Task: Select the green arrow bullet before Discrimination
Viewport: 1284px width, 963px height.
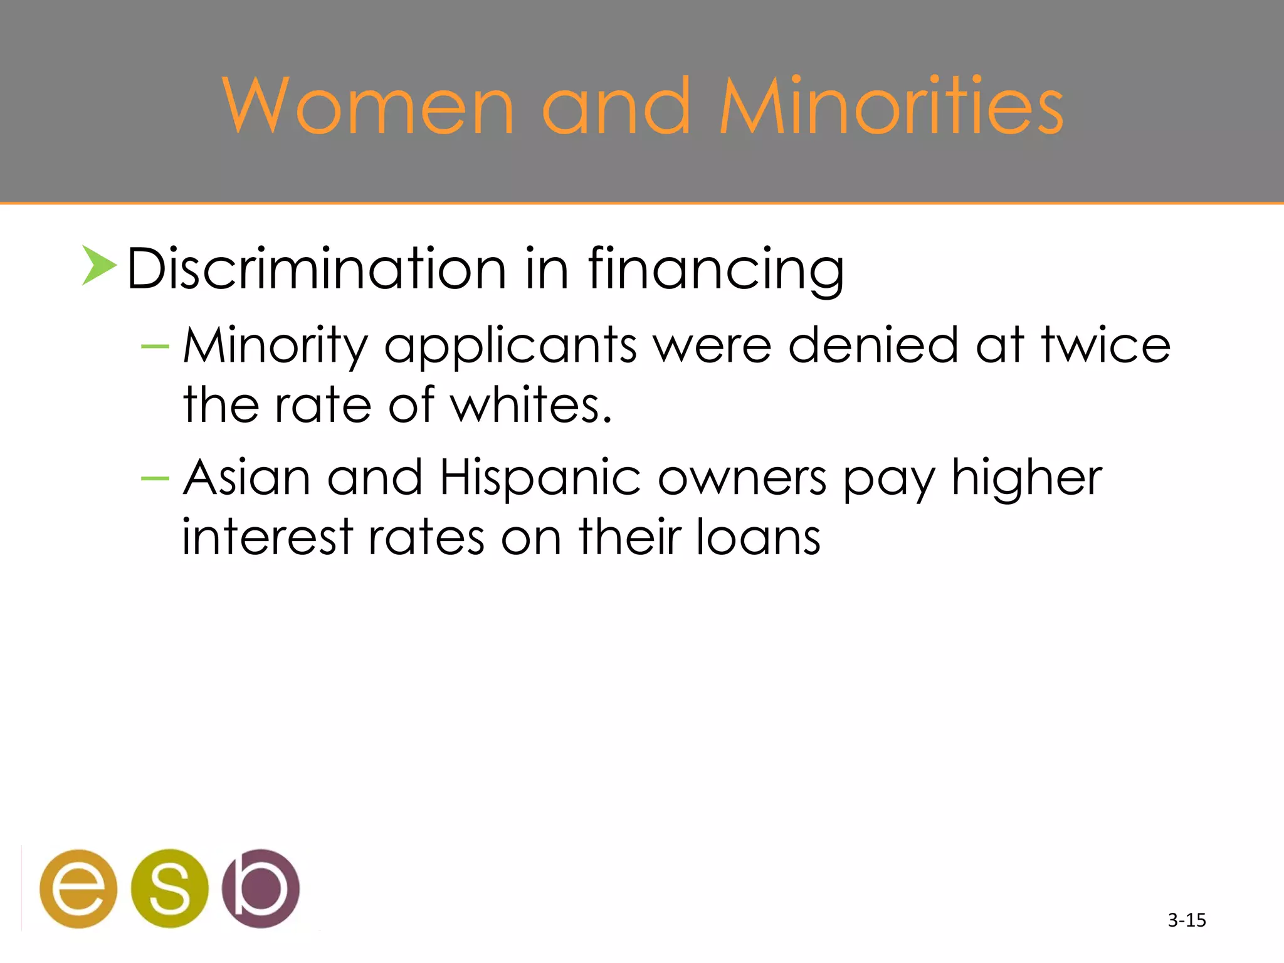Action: tap(99, 266)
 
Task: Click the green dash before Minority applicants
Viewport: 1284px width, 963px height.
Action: tap(155, 346)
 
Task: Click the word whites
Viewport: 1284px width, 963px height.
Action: tap(530, 405)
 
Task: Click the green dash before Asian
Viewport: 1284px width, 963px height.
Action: tap(155, 479)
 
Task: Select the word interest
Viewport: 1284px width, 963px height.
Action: tap(268, 537)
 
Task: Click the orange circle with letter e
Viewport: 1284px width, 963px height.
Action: tap(78, 888)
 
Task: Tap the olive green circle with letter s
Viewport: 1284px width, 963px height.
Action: tap(169, 888)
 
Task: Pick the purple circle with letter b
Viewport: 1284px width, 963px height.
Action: tap(261, 888)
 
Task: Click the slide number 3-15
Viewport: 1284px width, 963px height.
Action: tap(1187, 920)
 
